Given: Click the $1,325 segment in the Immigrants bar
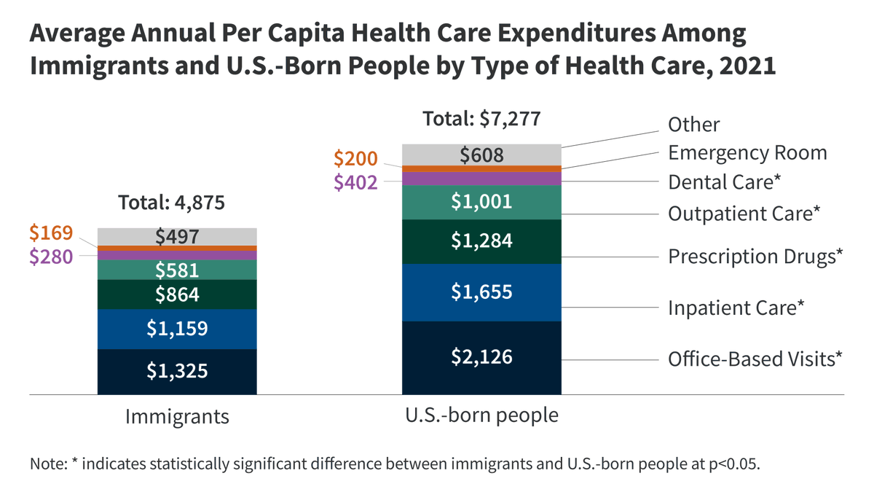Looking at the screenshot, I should pyautogui.click(x=177, y=372).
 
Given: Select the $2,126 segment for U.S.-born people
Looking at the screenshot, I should pyautogui.click(x=481, y=357).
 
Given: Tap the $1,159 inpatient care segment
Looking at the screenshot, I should pyautogui.click(x=177, y=329).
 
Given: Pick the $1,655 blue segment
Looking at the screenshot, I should pyautogui.click(x=481, y=292).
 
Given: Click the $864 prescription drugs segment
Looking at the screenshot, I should pyautogui.click(x=177, y=294).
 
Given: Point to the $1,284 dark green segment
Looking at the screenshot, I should pyautogui.click(x=481, y=241).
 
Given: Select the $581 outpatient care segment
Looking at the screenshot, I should pyautogui.click(x=177, y=270).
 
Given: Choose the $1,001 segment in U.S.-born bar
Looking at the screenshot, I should pyautogui.click(x=481, y=202).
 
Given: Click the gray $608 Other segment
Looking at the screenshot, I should pyautogui.click(x=481, y=155).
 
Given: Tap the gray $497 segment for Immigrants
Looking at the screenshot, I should pyautogui.click(x=177, y=236).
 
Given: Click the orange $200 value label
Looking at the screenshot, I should pyautogui.click(x=356, y=158).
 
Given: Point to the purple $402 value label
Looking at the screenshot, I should pyautogui.click(x=356, y=182).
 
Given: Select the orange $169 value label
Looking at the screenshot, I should pyautogui.click(x=51, y=233).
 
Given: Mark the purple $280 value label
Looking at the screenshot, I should pyautogui.click(x=51, y=256).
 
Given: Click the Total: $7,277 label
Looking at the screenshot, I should pyautogui.click(x=482, y=119).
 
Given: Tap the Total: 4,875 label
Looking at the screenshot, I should pyautogui.click(x=171, y=202).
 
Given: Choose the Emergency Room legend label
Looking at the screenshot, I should pyautogui.click(x=747, y=153).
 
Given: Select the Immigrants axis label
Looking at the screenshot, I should pyautogui.click(x=177, y=417).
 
